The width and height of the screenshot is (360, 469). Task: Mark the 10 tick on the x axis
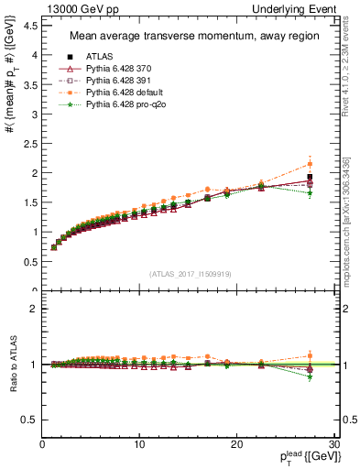pos(139,443)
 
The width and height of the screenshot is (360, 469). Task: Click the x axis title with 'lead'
pos(304,455)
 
